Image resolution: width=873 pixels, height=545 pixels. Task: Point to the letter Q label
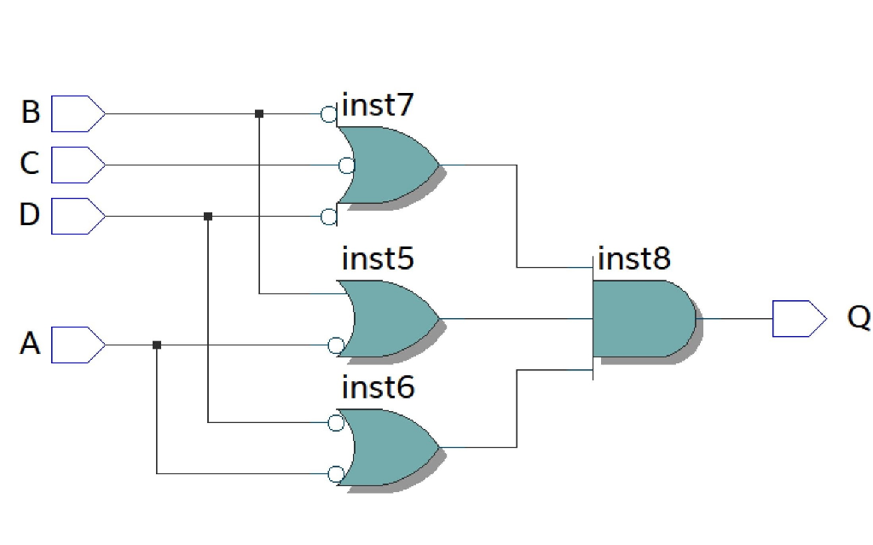(x=859, y=317)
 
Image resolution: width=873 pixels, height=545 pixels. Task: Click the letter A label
(x=31, y=344)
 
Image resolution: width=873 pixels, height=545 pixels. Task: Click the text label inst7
(x=377, y=106)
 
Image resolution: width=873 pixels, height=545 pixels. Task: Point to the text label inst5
(x=377, y=258)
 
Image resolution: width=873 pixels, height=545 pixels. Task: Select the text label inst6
(x=377, y=387)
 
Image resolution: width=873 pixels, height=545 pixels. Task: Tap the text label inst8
(x=634, y=258)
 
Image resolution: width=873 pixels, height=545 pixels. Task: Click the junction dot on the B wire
(x=259, y=113)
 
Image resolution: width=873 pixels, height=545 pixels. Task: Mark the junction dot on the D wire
(x=208, y=216)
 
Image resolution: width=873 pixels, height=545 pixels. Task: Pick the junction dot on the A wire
(x=157, y=345)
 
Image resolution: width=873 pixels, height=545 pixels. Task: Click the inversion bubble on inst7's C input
(x=345, y=165)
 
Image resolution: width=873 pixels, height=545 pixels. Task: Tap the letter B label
(x=31, y=113)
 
